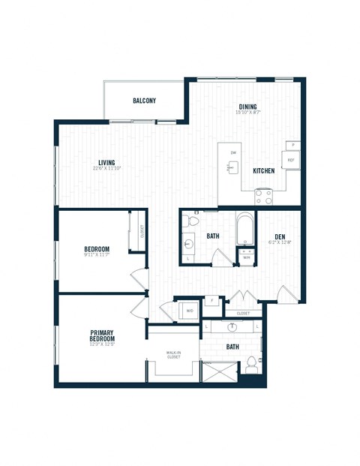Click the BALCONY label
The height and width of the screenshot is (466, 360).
144,101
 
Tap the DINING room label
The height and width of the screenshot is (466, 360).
249,107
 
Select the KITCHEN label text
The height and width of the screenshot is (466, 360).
263,171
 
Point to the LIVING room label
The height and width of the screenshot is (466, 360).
109,162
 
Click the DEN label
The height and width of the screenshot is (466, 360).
280,237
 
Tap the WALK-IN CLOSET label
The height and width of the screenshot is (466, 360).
173,355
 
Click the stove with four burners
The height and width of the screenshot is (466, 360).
263,196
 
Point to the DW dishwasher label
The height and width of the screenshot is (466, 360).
233,153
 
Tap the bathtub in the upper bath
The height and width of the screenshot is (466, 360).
245,230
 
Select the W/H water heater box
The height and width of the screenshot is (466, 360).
245,258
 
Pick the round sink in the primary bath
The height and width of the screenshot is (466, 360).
232,327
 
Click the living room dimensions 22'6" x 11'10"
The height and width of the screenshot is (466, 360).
109,170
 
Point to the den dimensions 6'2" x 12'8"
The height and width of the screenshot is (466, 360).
280,244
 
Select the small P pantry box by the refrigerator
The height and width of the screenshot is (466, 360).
292,144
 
